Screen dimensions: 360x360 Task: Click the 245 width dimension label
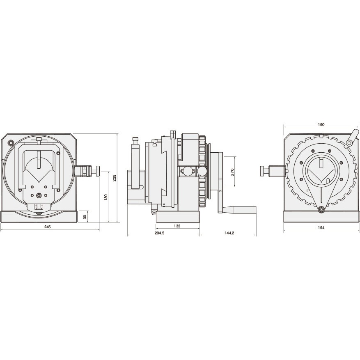click(47, 227)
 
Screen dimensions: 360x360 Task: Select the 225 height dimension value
click(115, 178)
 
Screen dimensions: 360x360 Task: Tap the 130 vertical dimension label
click(105, 197)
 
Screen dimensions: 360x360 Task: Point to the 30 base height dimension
click(85, 217)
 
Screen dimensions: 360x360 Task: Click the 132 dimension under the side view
click(177, 226)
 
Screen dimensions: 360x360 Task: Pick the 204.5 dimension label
click(160, 233)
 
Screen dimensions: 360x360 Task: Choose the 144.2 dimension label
click(229, 233)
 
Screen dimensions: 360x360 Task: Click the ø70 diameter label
click(232, 172)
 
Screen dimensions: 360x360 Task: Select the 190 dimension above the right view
click(321, 125)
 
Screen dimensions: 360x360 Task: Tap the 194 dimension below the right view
click(321, 228)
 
